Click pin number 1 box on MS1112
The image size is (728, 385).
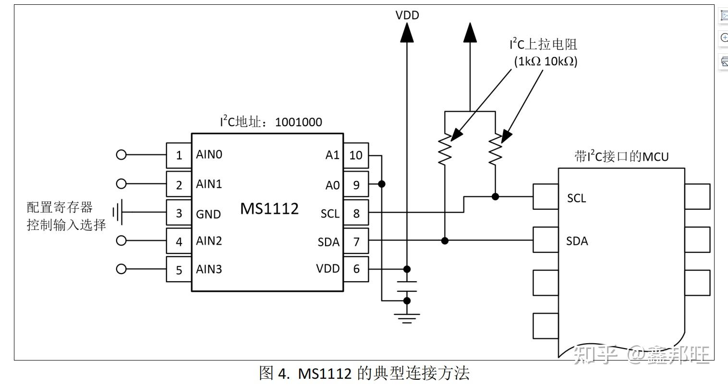[179, 156]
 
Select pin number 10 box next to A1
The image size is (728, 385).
[356, 156]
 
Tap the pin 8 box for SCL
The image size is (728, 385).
[356, 213]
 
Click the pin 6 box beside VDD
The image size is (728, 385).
[356, 269]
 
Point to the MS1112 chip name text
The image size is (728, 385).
[269, 208]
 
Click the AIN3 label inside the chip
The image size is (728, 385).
[209, 269]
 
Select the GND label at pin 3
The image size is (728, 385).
[208, 214]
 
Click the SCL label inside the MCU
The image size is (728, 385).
[576, 198]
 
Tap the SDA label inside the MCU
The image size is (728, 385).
[577, 241]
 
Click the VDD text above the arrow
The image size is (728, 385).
[407, 15]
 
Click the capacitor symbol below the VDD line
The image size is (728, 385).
[407, 286]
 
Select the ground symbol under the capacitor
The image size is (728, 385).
[407, 318]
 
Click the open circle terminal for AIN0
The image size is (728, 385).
[121, 155]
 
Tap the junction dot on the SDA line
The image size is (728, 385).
[445, 241]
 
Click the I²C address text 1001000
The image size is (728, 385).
[298, 122]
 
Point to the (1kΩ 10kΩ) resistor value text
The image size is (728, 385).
[546, 61]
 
